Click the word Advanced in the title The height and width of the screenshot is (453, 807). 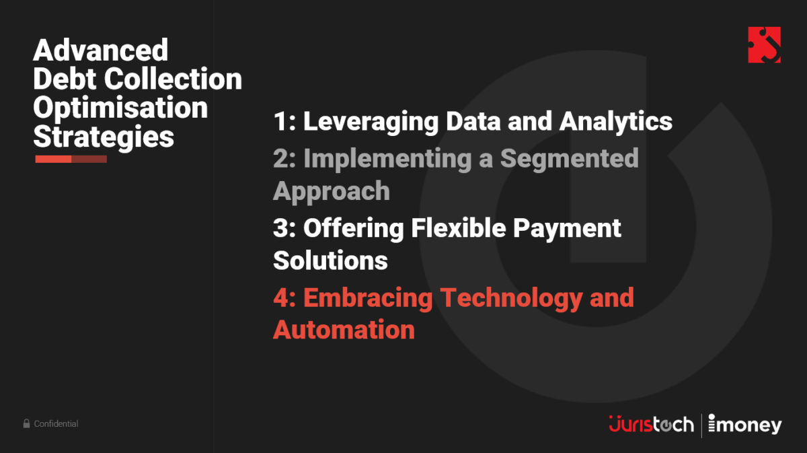point(100,50)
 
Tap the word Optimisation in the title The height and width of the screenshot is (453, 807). point(120,108)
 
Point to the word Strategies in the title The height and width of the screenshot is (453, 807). point(104,137)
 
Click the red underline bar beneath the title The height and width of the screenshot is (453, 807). point(71,159)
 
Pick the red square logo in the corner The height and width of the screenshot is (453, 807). point(764,45)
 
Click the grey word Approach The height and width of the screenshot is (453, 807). point(331,191)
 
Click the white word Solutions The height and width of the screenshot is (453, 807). point(330,260)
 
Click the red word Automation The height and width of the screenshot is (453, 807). point(344,330)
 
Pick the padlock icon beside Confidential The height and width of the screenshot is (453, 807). point(27,424)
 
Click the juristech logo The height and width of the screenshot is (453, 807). point(650,425)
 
